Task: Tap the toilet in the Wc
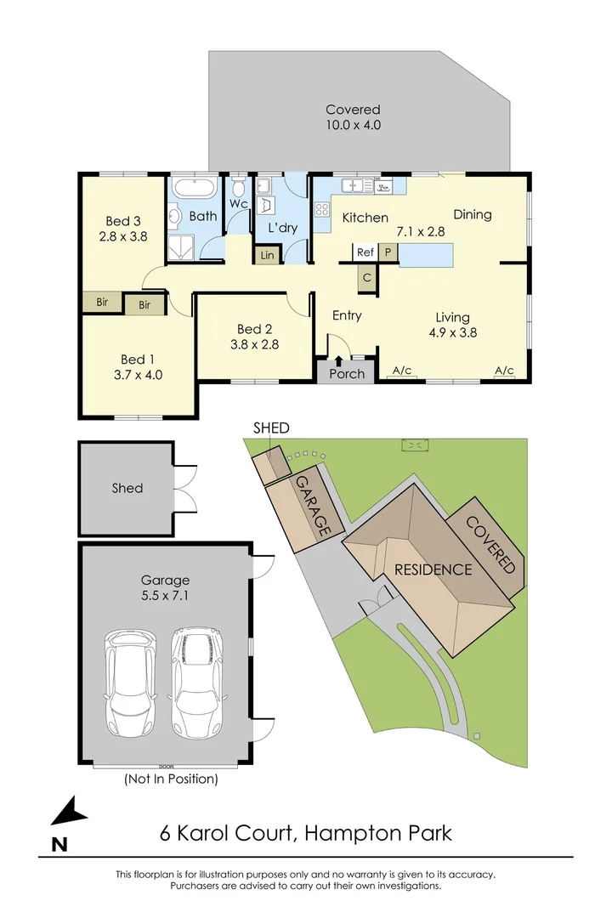(239, 185)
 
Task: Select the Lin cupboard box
(266, 254)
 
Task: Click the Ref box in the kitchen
(365, 252)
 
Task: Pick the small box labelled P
(388, 252)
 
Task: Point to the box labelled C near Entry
(366, 278)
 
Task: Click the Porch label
(346, 373)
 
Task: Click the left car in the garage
(130, 684)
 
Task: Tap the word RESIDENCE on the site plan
(433, 569)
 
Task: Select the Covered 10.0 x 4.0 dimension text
(353, 117)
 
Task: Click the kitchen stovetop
(323, 211)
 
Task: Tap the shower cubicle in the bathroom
(181, 246)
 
